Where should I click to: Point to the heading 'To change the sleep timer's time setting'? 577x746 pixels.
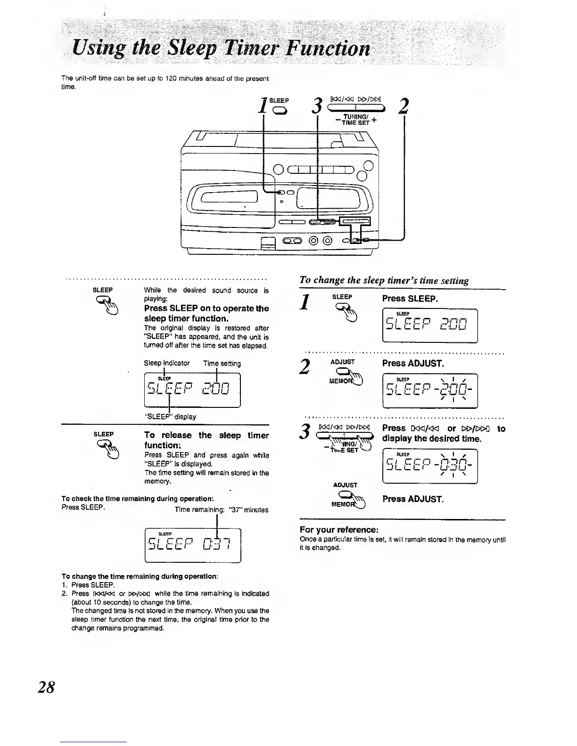pos(384,281)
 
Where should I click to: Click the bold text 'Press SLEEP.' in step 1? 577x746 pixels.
pos(410,299)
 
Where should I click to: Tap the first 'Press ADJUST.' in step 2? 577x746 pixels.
pos(412,363)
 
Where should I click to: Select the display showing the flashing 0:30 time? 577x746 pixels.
pos(430,467)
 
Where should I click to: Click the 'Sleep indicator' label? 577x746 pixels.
pos(166,364)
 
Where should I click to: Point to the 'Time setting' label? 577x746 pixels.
pos(222,364)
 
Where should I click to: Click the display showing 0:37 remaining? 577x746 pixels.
pos(192,546)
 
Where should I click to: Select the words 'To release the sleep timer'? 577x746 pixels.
pos(206,435)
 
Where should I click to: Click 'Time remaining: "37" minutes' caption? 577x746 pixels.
pos(221,510)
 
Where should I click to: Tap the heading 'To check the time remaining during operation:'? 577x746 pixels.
pos(138,499)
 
